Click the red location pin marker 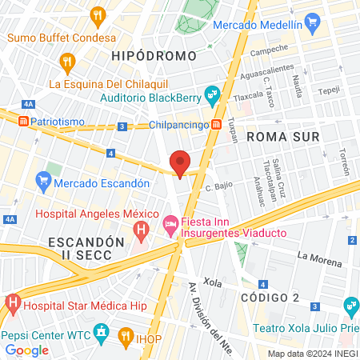(x=180, y=162)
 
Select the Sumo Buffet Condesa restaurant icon (x=98, y=14)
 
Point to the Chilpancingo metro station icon (x=217, y=125)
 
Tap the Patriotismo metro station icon (x=23, y=121)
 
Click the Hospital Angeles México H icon (x=142, y=233)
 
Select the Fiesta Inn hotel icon (x=170, y=225)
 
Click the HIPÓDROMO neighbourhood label (x=154, y=56)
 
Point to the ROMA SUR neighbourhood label (x=283, y=137)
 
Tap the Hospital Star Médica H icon (x=12, y=303)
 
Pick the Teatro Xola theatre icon (x=350, y=306)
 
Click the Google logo (x=27, y=350)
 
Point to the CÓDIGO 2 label (x=269, y=298)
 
